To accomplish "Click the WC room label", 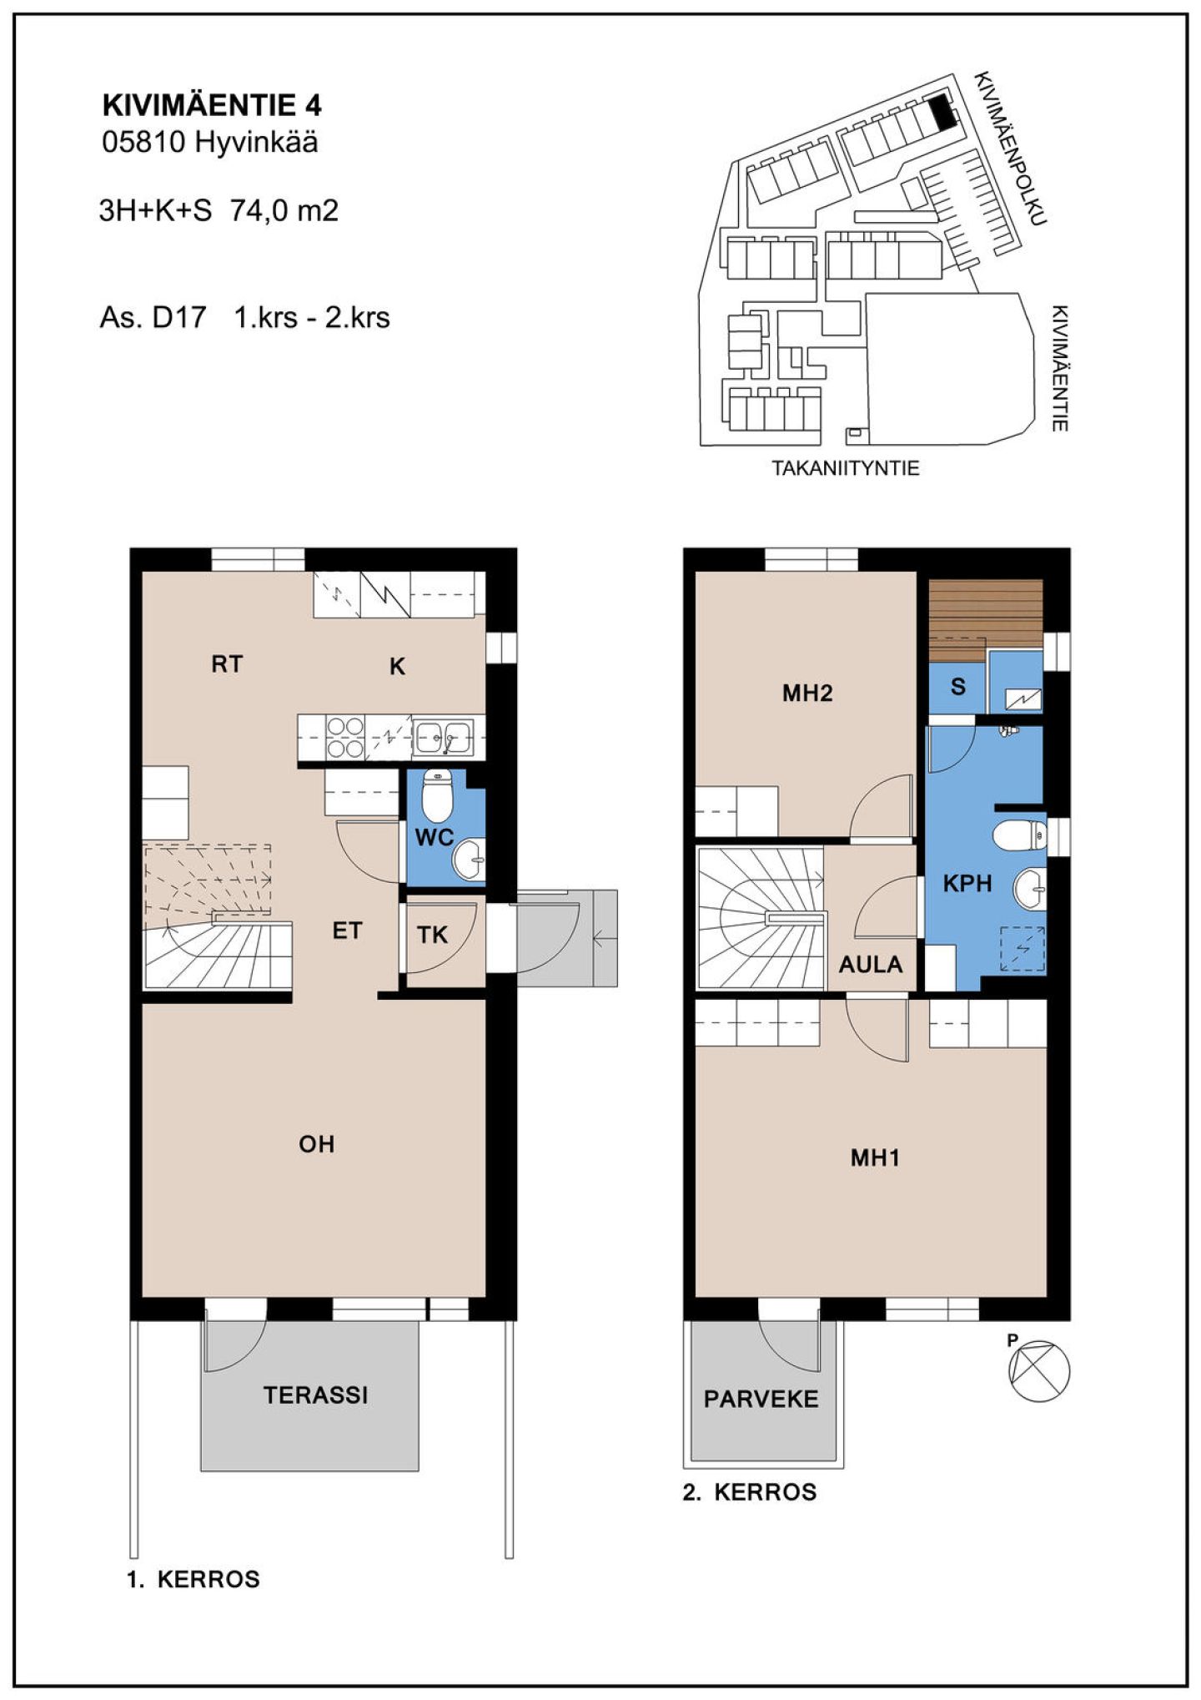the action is click(434, 837).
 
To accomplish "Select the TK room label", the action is click(432, 935).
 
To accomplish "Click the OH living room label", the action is click(317, 1143).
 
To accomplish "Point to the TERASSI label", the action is click(315, 1395).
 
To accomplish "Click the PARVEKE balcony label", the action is click(761, 1399).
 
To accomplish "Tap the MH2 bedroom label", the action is click(807, 693).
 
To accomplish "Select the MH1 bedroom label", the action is click(875, 1158).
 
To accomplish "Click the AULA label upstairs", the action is click(871, 965).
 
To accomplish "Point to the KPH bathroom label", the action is click(967, 883).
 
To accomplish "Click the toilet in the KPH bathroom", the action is click(1019, 834).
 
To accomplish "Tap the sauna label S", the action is click(958, 686).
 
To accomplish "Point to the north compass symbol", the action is click(1039, 1371).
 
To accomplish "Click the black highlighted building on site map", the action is click(942, 111).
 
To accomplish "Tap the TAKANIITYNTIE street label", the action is click(846, 468).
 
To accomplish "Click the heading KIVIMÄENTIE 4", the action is click(212, 105).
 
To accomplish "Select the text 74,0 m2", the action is click(284, 210).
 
